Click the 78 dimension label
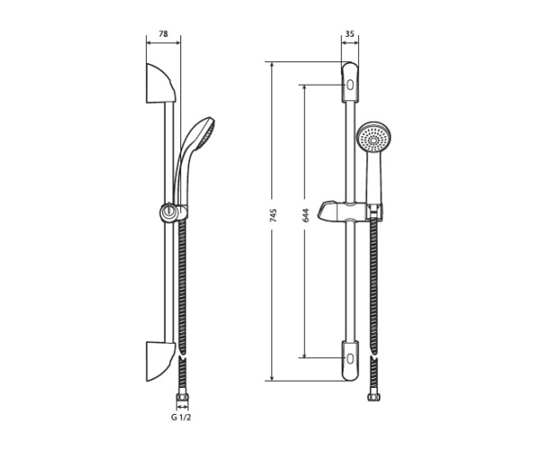click(163, 33)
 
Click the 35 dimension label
click(349, 33)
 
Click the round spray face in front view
click(372, 140)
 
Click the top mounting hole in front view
click(349, 87)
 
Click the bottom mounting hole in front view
click(349, 358)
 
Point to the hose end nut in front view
click(373, 393)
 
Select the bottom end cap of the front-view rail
click(349, 370)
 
